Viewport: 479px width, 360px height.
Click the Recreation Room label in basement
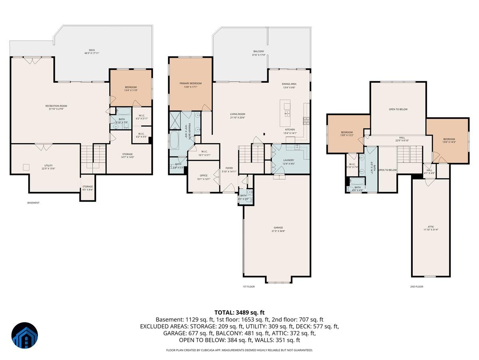click(56, 106)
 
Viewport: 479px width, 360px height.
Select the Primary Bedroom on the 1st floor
click(190, 84)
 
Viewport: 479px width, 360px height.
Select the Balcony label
click(259, 52)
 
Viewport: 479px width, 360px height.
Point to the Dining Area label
click(289, 84)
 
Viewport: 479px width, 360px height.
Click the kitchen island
click(286, 112)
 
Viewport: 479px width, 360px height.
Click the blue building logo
click(25, 335)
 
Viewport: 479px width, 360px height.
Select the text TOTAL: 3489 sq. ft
click(239, 312)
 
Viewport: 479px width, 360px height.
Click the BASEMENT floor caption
click(34, 203)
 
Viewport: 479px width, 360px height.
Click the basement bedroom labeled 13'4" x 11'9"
click(131, 88)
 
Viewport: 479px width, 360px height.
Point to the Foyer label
click(229, 168)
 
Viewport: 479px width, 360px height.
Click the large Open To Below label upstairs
click(398, 109)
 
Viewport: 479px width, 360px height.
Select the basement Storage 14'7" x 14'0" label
click(127, 154)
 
